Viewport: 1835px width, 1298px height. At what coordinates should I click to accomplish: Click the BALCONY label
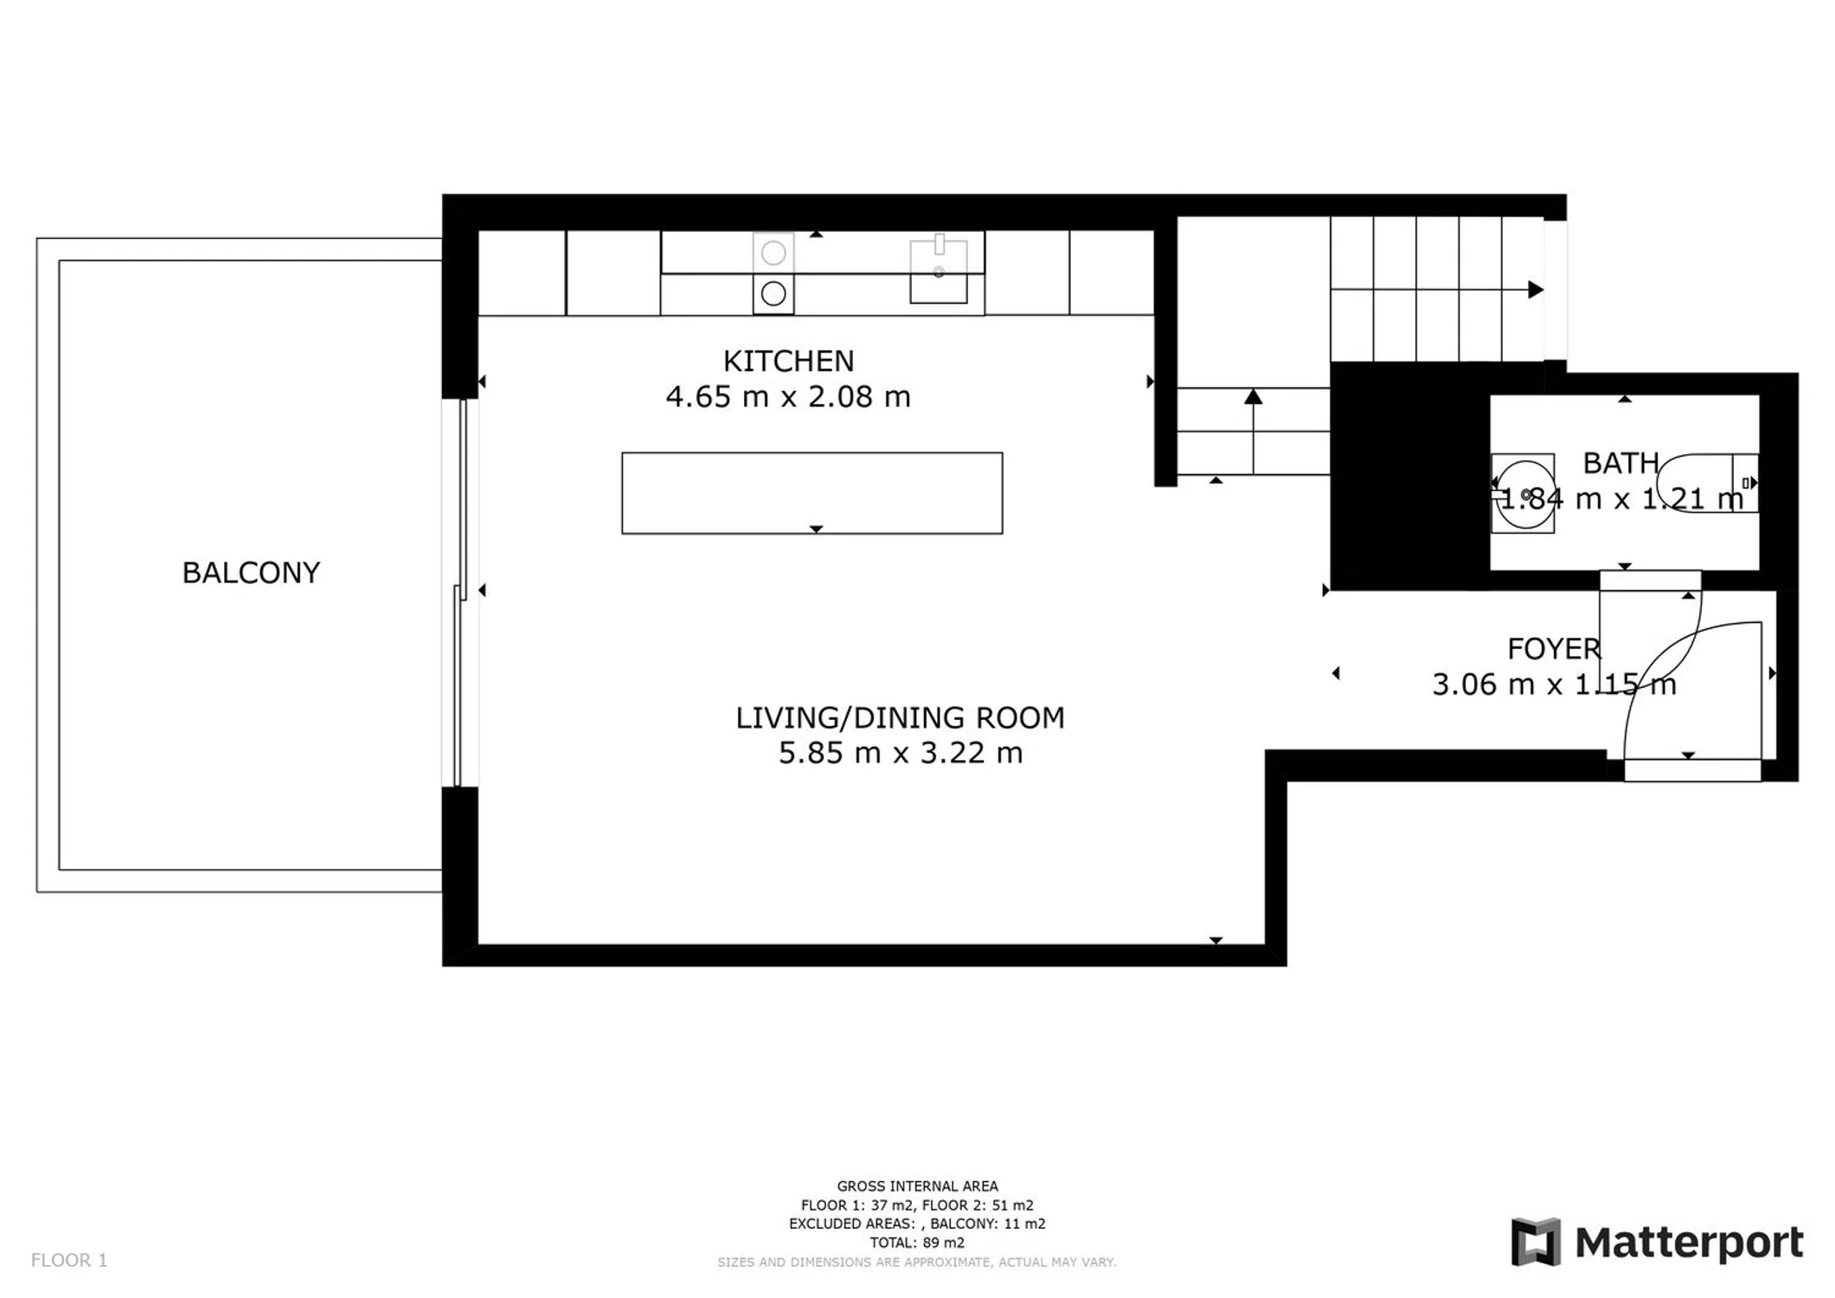[251, 573]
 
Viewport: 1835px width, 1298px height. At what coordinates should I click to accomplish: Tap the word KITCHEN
[788, 361]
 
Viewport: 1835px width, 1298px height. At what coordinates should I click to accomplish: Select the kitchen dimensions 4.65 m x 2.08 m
[788, 397]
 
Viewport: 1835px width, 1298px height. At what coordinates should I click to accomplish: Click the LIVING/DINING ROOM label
[900, 718]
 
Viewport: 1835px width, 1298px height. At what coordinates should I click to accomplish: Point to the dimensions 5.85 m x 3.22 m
[901, 753]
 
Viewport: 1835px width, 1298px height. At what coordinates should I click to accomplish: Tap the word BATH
[1620, 464]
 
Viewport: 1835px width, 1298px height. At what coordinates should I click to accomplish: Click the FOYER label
[1554, 649]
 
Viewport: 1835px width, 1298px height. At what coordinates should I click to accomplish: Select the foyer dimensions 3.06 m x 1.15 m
[1554, 684]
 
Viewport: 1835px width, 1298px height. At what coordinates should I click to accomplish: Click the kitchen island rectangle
[812, 493]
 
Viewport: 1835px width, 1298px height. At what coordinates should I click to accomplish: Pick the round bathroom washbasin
[1524, 494]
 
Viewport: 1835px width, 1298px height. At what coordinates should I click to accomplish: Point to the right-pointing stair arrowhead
[1536, 289]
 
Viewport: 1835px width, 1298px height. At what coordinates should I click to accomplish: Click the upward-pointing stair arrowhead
[1253, 396]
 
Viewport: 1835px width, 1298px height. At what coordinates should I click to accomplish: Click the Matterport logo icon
[1536, 1242]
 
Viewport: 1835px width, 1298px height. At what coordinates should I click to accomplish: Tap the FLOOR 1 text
[69, 1260]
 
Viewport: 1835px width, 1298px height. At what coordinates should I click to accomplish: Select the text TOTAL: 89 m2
[917, 1243]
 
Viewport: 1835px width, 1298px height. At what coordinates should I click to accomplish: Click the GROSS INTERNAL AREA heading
[917, 1186]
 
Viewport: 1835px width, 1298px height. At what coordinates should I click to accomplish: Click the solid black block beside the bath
[1408, 476]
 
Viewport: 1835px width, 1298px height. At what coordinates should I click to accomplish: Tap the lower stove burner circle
[773, 294]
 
